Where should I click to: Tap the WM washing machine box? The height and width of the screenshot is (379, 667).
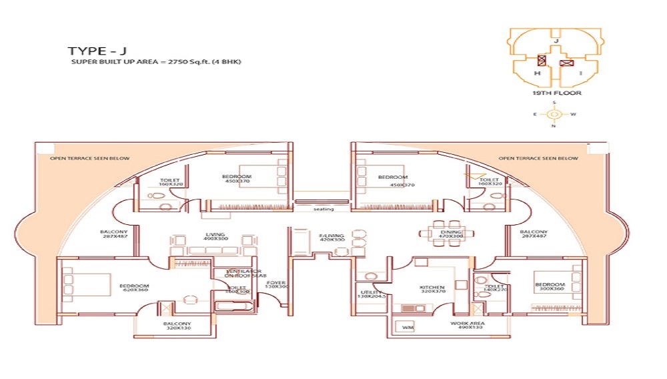point(408,328)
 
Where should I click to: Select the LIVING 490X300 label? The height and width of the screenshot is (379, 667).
point(217,236)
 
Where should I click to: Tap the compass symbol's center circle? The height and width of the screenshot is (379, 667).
point(554,114)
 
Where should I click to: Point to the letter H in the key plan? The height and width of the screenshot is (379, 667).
point(536,73)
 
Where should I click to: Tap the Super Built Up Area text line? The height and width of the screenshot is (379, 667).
point(156,62)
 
